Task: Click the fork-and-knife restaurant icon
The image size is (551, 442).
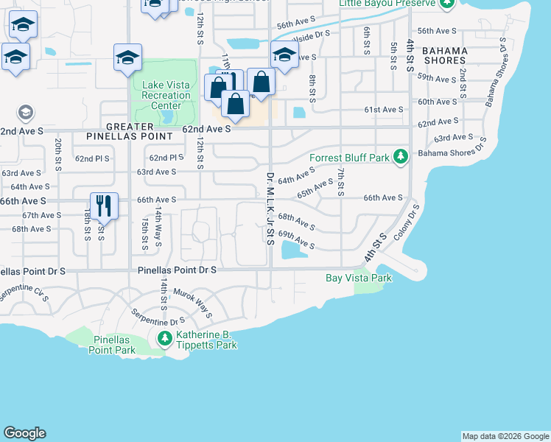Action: coord(103,206)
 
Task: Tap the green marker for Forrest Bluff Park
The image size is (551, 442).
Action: coord(400,157)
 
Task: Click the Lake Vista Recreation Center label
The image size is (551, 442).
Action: coord(161,96)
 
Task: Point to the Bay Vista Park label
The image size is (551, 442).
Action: coord(359,278)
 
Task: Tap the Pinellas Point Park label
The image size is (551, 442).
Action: coord(114,345)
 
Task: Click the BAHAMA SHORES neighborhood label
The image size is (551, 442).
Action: coord(444,55)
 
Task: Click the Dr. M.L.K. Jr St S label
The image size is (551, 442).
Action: coord(270,209)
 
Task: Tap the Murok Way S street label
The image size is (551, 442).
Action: coord(193,303)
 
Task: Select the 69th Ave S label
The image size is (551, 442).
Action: coord(296,240)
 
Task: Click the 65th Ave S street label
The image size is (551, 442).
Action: coord(315,188)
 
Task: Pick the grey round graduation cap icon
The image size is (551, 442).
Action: coord(25,113)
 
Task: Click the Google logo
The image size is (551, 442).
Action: coord(24,433)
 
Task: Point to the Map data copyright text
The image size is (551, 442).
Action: coord(505,436)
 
